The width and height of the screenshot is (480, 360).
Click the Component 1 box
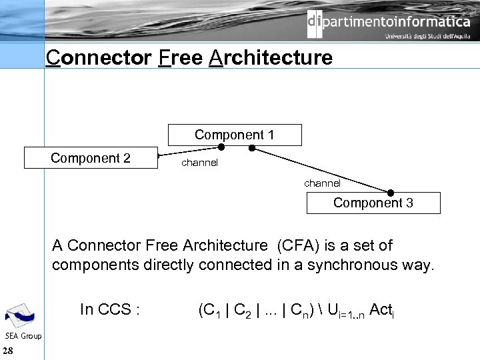pyautogui.click(x=234, y=135)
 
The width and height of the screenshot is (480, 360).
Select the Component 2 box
pyautogui.click(x=91, y=158)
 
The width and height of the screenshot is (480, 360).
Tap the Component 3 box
pyautogui.click(x=373, y=203)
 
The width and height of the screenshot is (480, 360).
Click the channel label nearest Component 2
pyautogui.click(x=199, y=163)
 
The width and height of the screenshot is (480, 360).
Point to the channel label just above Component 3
pyautogui.click(x=322, y=183)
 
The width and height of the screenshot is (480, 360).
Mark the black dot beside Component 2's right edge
pyautogui.click(x=161, y=158)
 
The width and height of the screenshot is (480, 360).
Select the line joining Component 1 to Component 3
pyautogui.click(x=320, y=169)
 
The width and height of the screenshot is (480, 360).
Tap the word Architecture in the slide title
pyautogui.click(x=271, y=58)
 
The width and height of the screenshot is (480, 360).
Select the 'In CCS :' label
pyautogui.click(x=109, y=309)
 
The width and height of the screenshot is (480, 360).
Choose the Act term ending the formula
pyautogui.click(x=381, y=310)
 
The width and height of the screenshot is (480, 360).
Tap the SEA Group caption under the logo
pyautogui.click(x=23, y=336)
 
